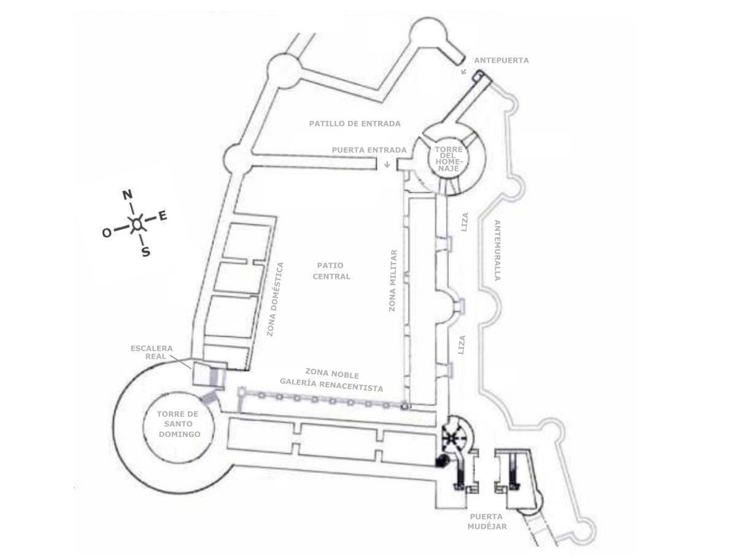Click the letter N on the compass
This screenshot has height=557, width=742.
127,195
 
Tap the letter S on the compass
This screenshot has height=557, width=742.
146,251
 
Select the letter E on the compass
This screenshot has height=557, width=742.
163,216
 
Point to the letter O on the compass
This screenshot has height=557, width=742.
107,233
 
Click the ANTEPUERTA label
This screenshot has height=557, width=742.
501,61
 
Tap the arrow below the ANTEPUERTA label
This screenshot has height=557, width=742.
464,71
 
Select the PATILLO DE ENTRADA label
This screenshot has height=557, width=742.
354,123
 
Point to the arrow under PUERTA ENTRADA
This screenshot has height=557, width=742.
387,164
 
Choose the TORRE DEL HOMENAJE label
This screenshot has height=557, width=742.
449,158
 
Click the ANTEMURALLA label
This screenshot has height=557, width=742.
497,250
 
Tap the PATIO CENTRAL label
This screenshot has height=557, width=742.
331,271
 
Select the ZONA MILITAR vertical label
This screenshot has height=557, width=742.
393,280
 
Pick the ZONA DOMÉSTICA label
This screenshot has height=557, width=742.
275,299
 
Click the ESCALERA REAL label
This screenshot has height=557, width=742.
152,352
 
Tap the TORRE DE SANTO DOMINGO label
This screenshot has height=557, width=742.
179,424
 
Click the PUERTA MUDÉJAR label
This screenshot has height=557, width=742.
487,521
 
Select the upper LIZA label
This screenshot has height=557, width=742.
465,222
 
